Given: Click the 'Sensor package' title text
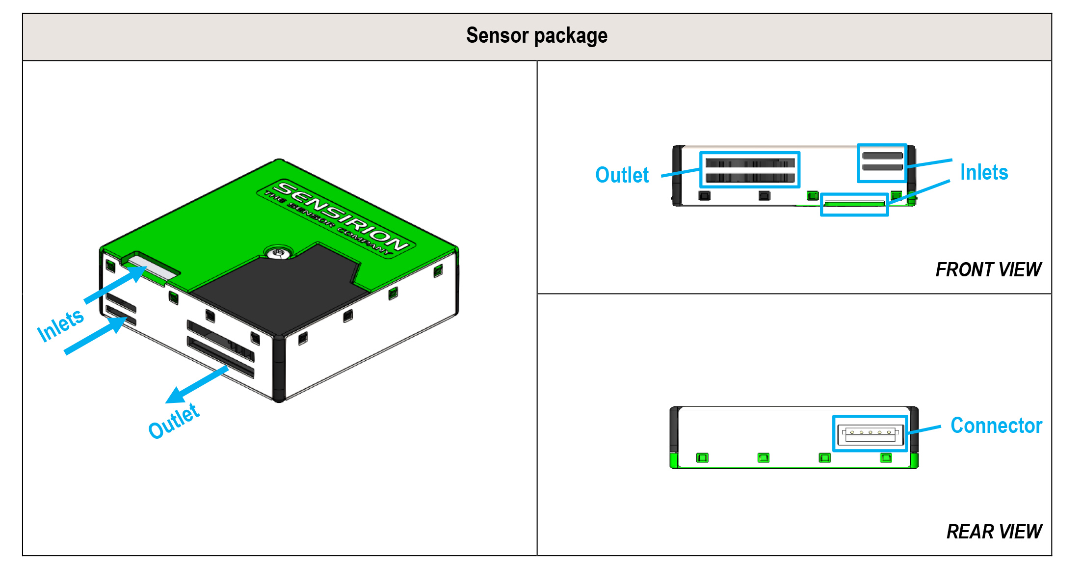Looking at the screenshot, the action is coord(537,36).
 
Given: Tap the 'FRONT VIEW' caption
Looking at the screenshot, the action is coord(988,269).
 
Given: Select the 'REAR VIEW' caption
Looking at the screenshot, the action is coord(994,532).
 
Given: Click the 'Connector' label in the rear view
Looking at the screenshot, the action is coord(996,425).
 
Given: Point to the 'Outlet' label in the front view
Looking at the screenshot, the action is coord(622,175).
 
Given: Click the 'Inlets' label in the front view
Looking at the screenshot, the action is coord(984,172).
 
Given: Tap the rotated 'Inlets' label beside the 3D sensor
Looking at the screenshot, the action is coord(60,325).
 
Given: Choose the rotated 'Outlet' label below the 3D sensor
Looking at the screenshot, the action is coord(174,421).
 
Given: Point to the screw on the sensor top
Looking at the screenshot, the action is coord(279,253).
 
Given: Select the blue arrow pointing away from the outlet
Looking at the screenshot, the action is coord(197,385).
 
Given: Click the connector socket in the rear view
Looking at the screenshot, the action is coord(870,433).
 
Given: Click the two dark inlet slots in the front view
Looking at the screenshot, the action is coord(882,161).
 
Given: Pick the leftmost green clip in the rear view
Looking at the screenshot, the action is coord(702,458).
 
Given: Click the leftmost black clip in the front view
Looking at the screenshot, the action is coord(704,196).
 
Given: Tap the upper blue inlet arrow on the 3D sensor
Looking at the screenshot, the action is coord(116,285).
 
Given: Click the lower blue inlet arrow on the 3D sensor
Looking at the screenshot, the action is coord(96,335).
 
